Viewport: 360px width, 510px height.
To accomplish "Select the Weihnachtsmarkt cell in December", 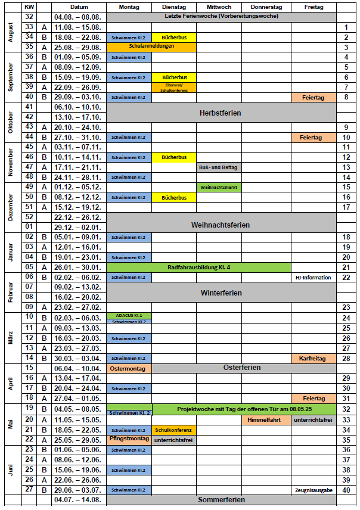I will pyautogui.click(x=219, y=187).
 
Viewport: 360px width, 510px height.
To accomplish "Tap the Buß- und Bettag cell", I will pyautogui.click(x=218, y=167).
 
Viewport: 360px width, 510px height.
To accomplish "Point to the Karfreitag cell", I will pyautogui.click(x=314, y=358).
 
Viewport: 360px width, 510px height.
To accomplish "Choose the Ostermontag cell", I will pyautogui.click(x=129, y=368).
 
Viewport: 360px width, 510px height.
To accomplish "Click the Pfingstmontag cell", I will pyautogui.click(x=129, y=439).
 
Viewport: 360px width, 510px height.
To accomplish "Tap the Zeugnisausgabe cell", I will pyautogui.click(x=314, y=490).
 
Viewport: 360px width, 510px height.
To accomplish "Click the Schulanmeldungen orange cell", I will pyautogui.click(x=151, y=46).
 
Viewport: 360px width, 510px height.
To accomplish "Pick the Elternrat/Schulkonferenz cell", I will pyautogui.click(x=173, y=87).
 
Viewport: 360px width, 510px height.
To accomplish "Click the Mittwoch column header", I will pyautogui.click(x=218, y=7).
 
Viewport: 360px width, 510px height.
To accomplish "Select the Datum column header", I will pyautogui.click(x=79, y=7).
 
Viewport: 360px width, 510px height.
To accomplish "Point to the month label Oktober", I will pyautogui.click(x=10, y=122).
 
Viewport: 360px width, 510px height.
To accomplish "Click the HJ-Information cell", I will pyautogui.click(x=314, y=277).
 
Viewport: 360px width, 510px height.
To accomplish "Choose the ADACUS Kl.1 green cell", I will pyautogui.click(x=129, y=315).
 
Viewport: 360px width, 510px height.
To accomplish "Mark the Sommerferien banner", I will pyautogui.click(x=221, y=499).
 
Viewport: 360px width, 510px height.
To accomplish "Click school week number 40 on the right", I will pyautogui.click(x=346, y=490).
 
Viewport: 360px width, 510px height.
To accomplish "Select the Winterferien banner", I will pyautogui.click(x=221, y=293).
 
